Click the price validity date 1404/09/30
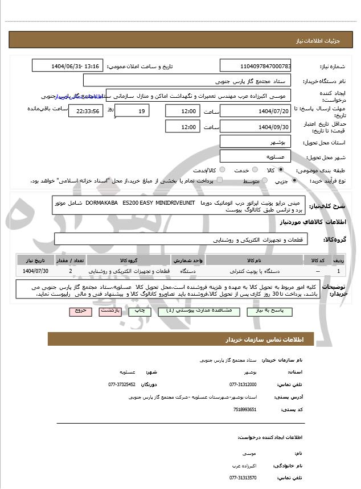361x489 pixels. (x=255, y=126)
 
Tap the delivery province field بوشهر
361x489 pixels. (x=255, y=141)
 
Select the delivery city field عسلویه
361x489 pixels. (x=255, y=156)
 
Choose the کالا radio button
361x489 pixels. (x=280, y=169)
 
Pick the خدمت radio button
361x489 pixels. (x=250, y=169)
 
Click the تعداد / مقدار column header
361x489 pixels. (x=70, y=260)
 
